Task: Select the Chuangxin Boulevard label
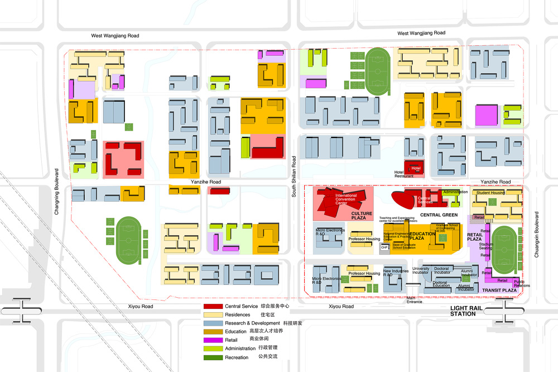pos(536,234)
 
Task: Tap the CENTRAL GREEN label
pos(439,215)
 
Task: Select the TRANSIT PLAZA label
pos(499,290)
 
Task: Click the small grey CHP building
pos(384,247)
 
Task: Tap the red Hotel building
pos(415,168)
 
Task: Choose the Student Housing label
pos(490,193)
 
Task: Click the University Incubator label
pos(421,271)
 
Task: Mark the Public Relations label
pos(522,284)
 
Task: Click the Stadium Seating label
pos(486,246)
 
